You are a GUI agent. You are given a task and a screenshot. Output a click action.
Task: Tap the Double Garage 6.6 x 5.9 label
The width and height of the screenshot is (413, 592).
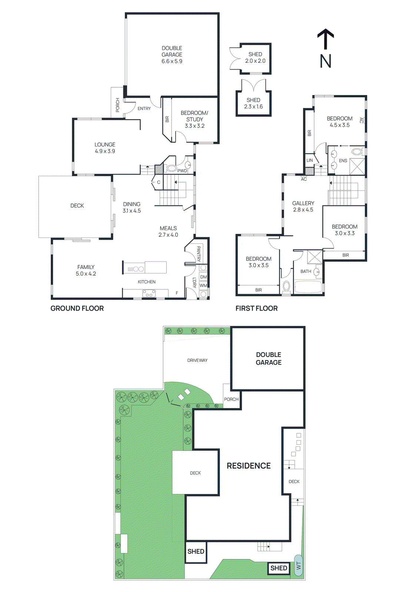click(172, 55)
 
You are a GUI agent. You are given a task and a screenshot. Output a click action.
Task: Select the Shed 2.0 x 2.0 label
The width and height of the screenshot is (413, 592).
click(255, 58)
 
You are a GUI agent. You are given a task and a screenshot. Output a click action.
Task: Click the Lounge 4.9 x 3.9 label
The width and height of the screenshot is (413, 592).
click(105, 148)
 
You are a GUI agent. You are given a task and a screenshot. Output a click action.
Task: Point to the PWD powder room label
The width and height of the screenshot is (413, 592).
click(182, 171)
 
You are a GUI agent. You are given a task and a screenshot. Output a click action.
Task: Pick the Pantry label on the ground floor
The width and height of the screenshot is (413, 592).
click(199, 254)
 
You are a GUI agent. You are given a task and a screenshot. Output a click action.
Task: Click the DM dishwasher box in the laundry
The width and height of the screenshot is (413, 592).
click(203, 277)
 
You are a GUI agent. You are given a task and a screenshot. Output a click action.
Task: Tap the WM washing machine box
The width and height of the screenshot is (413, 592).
click(203, 285)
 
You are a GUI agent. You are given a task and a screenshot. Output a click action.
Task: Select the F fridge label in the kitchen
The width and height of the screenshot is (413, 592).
click(177, 293)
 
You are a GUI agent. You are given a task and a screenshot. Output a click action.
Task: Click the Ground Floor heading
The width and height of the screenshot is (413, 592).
click(77, 308)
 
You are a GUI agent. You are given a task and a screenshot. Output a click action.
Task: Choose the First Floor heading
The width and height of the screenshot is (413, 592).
click(256, 308)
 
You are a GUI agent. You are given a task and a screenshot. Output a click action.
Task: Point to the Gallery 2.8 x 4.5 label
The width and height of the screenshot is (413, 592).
click(303, 206)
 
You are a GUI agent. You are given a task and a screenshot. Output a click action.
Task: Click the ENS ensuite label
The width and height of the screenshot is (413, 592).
click(343, 161)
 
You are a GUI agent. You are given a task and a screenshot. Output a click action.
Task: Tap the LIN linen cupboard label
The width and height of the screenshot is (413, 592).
click(310, 160)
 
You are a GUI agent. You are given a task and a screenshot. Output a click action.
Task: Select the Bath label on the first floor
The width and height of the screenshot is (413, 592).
click(306, 271)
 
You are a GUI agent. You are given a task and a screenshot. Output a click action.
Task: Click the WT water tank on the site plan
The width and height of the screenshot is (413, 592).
click(299, 565)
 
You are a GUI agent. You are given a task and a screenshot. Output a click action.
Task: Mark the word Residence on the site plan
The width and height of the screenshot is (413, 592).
click(249, 466)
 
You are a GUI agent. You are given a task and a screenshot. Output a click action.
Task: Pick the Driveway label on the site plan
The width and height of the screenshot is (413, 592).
click(197, 360)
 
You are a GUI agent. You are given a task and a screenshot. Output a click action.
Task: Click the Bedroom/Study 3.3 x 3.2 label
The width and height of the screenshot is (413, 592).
click(194, 119)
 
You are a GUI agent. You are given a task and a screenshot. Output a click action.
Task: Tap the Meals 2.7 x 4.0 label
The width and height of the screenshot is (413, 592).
click(168, 232)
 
